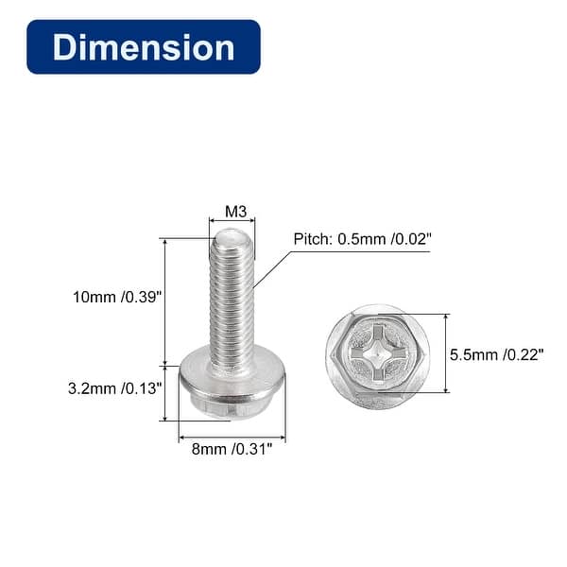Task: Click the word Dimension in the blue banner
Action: (x=144, y=47)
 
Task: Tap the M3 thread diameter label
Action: (x=232, y=211)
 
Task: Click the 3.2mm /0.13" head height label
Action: (x=117, y=387)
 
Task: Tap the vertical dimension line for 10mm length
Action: (x=166, y=302)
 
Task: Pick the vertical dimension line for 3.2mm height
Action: (x=166, y=392)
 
